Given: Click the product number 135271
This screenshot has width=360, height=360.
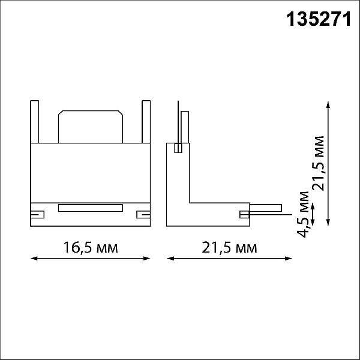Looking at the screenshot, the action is [319, 20].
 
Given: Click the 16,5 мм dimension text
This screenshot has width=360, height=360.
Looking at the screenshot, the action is [91, 247].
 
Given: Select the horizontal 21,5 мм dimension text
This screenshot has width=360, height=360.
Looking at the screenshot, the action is [229, 247].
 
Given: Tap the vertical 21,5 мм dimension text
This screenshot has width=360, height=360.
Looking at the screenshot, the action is [318, 163].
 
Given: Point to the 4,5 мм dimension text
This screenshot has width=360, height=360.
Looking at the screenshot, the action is [303, 214].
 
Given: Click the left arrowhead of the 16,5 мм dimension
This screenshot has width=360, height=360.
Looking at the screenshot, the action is [34, 259].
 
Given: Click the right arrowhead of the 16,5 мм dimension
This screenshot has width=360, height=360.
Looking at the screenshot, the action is [147, 259].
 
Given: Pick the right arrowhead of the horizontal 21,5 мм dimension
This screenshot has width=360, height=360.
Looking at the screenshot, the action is [289, 259].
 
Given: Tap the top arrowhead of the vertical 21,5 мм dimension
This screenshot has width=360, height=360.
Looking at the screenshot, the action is [328, 104].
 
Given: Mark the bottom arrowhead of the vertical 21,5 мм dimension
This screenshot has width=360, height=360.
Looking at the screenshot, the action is [328, 222].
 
